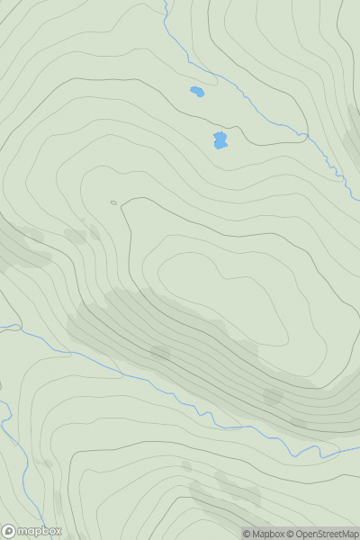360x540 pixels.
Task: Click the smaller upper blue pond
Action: pos(197,91)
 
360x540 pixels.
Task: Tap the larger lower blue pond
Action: pos(220,140)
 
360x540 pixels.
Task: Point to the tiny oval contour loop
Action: pos(113,202)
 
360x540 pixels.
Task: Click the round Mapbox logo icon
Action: pos(10,531)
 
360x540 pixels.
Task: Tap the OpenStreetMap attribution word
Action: pos(327,534)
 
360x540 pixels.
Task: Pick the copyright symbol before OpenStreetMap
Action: pos(291,534)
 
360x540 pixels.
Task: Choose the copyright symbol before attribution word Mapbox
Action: pos(247,534)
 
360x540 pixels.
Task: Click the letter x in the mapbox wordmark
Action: pos(58,531)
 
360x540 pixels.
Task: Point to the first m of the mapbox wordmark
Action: pos(22,531)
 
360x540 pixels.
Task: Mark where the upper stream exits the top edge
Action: pos(165,2)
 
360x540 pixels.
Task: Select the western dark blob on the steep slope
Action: pos(160,353)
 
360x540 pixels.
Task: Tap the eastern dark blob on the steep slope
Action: pos(273,395)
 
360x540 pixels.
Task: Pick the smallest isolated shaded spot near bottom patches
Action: pos(186,465)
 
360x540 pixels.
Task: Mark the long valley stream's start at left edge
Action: pos(2,326)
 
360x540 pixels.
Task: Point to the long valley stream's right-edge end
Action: pos(358,447)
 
